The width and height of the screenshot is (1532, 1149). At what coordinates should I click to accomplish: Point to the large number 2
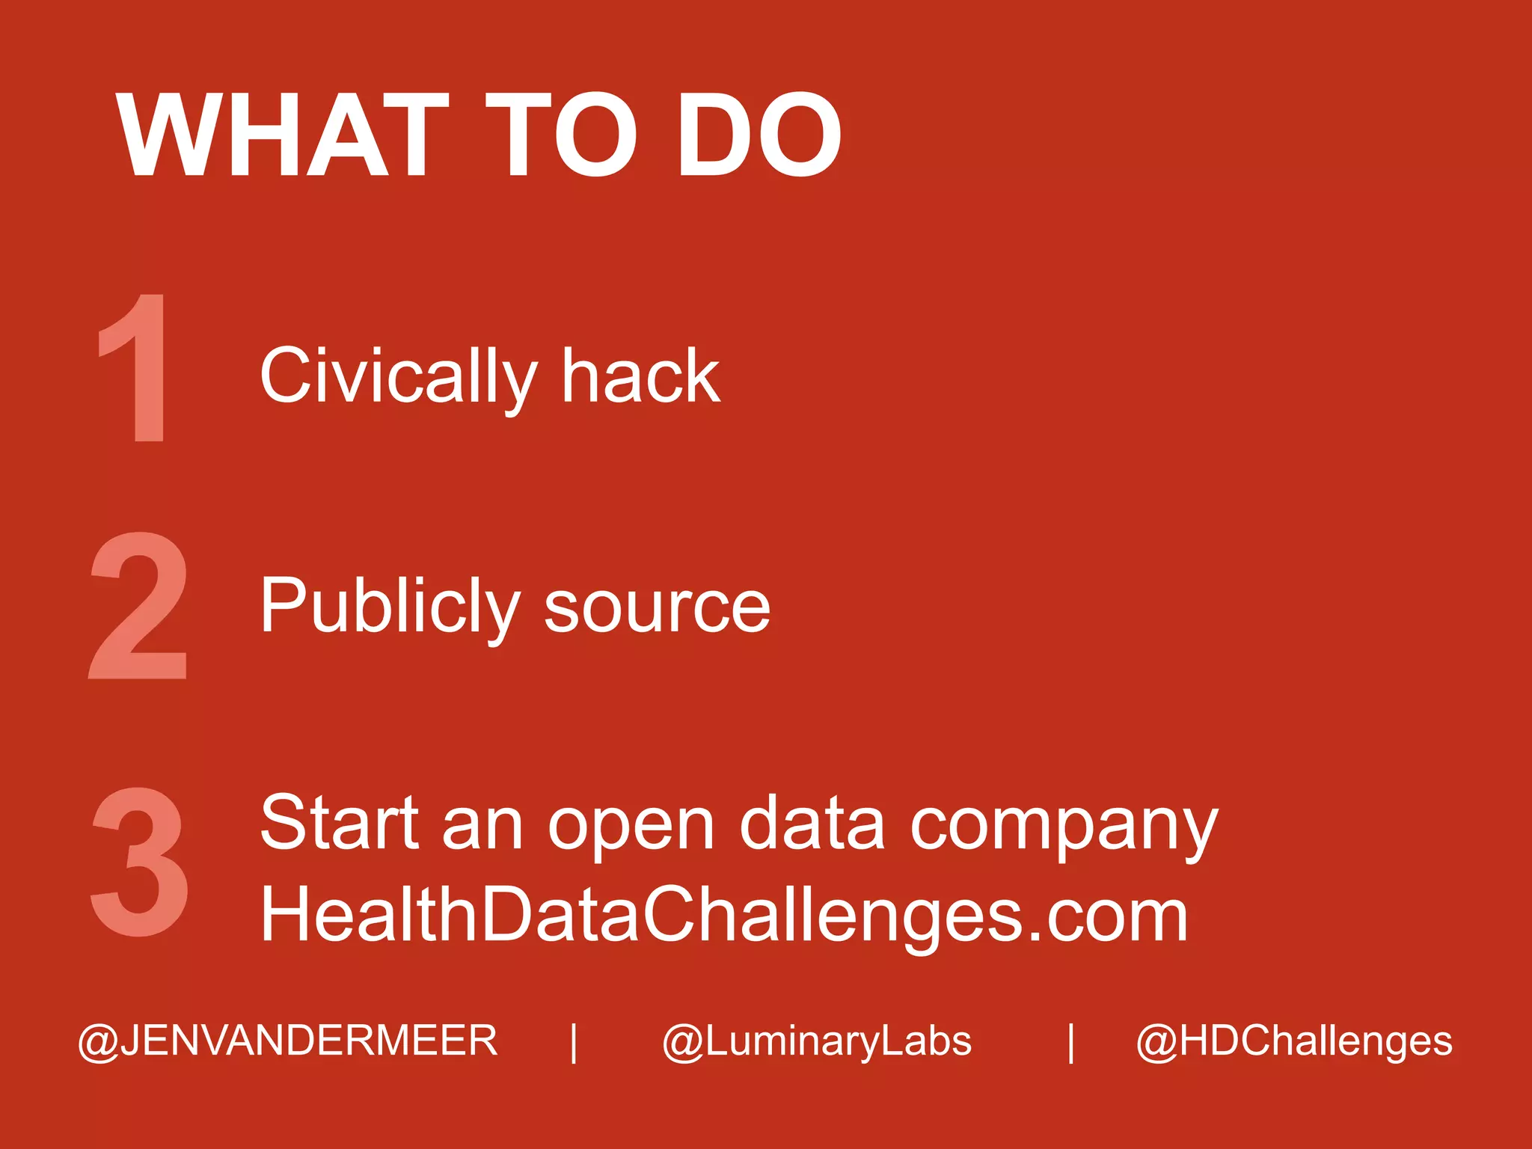(x=138, y=605)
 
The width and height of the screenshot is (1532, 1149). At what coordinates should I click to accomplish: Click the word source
(x=657, y=607)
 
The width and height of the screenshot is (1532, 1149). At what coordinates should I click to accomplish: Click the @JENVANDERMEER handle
(x=288, y=1041)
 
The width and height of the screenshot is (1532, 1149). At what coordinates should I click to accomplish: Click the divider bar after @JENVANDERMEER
(x=574, y=1042)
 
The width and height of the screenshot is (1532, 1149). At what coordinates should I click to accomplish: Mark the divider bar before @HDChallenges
(x=1071, y=1042)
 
